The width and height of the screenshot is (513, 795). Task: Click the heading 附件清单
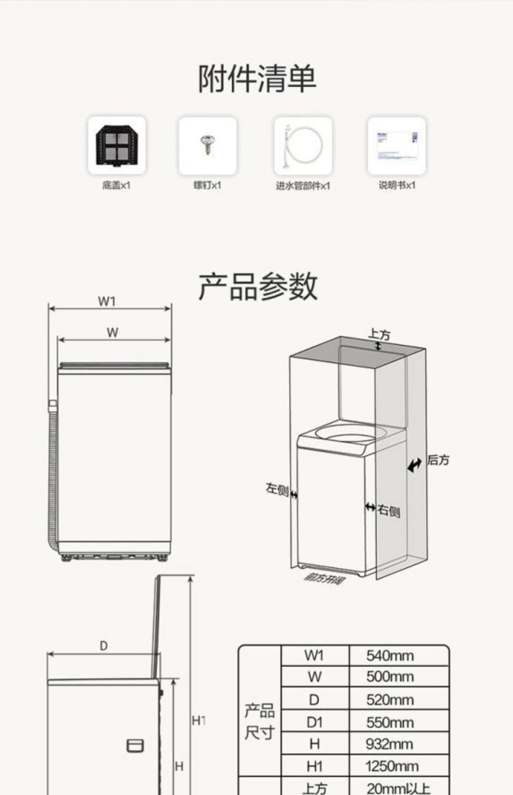click(x=257, y=79)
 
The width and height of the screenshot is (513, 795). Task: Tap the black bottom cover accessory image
click(x=117, y=145)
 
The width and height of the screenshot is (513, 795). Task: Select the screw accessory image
click(x=207, y=145)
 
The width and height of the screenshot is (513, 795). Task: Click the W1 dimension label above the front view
click(x=107, y=301)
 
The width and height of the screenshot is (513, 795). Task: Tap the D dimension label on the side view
click(x=104, y=646)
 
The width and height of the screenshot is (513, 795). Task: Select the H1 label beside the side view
click(x=199, y=721)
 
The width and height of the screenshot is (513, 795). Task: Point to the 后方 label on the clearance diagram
click(x=438, y=460)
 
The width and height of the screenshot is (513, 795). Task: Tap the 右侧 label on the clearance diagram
click(x=389, y=511)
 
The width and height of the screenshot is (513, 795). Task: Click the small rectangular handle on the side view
click(x=135, y=746)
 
